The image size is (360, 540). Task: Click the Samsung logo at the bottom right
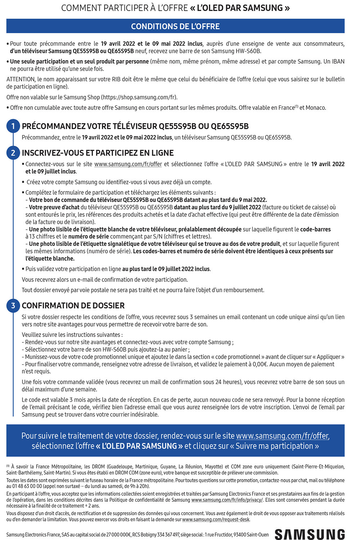click(x=310, y=534)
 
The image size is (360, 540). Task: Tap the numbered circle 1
click(x=13, y=126)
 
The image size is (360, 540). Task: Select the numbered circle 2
click(x=13, y=153)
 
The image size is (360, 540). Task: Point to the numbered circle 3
click(x=13, y=306)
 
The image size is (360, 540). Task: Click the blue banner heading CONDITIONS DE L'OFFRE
click(x=175, y=26)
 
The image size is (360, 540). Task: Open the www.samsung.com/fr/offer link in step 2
click(x=128, y=164)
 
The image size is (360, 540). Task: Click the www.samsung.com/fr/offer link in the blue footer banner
click(x=282, y=436)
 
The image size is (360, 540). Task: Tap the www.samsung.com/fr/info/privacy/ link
click(x=227, y=500)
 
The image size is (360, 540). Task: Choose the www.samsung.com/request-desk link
click(x=216, y=519)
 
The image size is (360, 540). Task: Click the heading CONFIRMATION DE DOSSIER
click(x=73, y=306)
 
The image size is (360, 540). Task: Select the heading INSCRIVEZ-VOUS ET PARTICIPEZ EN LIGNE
click(x=98, y=153)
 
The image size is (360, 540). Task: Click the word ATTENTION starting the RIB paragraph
click(x=21, y=79)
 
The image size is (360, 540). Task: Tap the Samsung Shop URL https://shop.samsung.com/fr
click(x=139, y=97)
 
